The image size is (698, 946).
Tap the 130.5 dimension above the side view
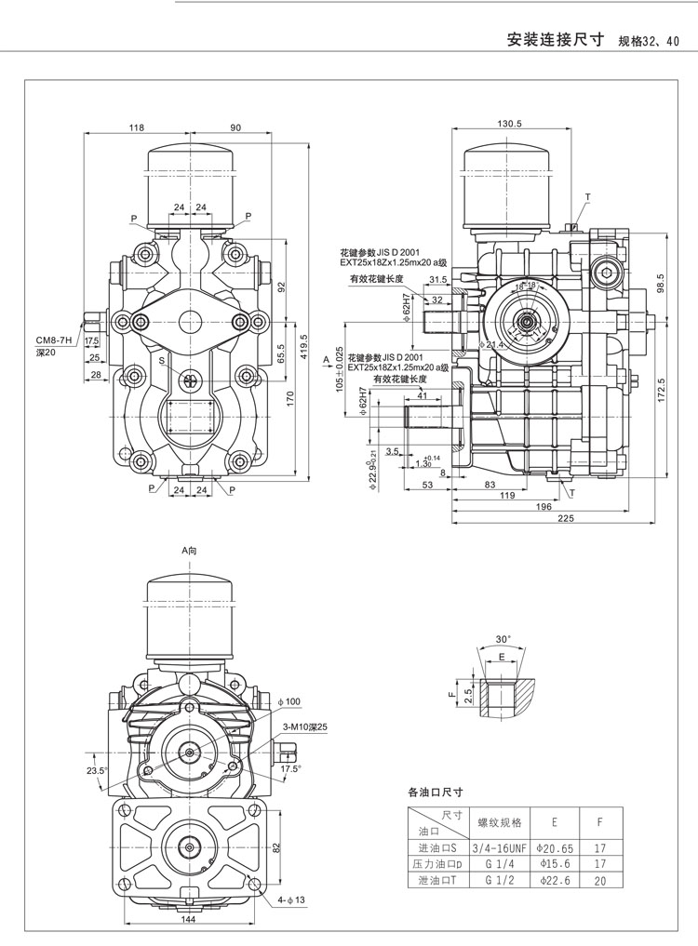point(509,124)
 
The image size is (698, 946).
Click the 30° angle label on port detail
point(503,639)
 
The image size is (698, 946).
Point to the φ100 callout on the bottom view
point(289,700)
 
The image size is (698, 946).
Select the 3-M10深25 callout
point(301,726)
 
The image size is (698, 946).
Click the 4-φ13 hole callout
point(291,900)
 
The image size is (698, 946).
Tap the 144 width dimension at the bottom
point(189,920)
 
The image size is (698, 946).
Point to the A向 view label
point(190,551)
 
